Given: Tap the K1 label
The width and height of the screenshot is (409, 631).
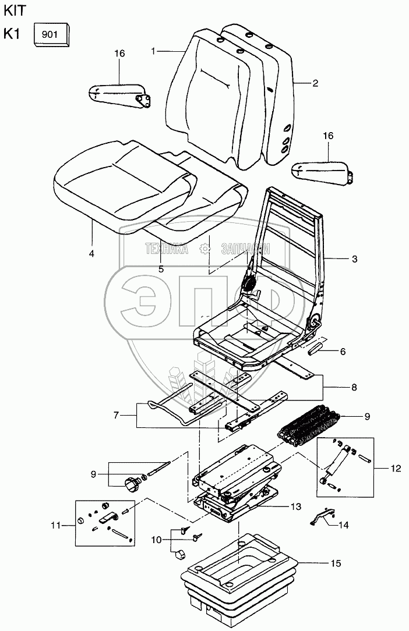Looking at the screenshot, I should (x=12, y=34).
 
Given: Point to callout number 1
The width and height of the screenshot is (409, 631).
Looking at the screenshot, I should (x=153, y=51).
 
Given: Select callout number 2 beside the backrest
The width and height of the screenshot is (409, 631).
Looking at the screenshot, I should (x=315, y=83).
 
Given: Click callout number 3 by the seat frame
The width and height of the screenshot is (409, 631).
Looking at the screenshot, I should (x=354, y=258).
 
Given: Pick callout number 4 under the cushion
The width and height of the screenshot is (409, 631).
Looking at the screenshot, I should (x=92, y=254).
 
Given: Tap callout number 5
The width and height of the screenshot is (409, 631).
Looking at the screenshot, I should (x=161, y=269).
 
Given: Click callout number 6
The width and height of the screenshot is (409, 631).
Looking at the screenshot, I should (x=343, y=352).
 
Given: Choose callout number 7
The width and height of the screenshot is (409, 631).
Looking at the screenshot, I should (x=116, y=415).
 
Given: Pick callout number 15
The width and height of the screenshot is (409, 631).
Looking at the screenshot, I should (x=335, y=563).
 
